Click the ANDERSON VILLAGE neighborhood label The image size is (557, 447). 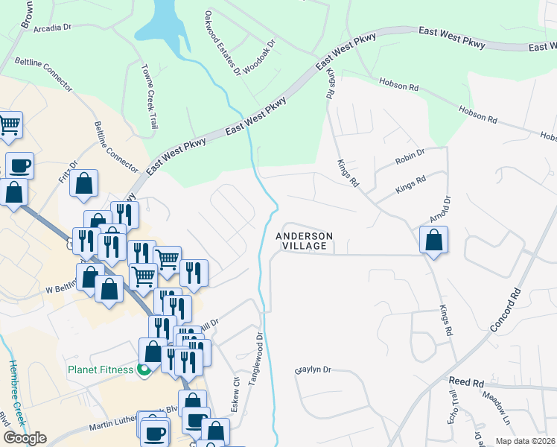click(x=305, y=241)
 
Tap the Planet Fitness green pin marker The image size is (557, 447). click(x=145, y=370)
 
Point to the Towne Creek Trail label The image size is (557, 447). click(x=149, y=95)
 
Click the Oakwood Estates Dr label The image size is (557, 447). click(x=222, y=43)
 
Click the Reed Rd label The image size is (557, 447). click(x=466, y=381)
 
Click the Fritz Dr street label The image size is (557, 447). click(x=68, y=173)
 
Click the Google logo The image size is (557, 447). click(x=25, y=438)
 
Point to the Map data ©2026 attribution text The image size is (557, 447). click(x=525, y=441)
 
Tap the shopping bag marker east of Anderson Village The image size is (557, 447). click(x=433, y=241)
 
